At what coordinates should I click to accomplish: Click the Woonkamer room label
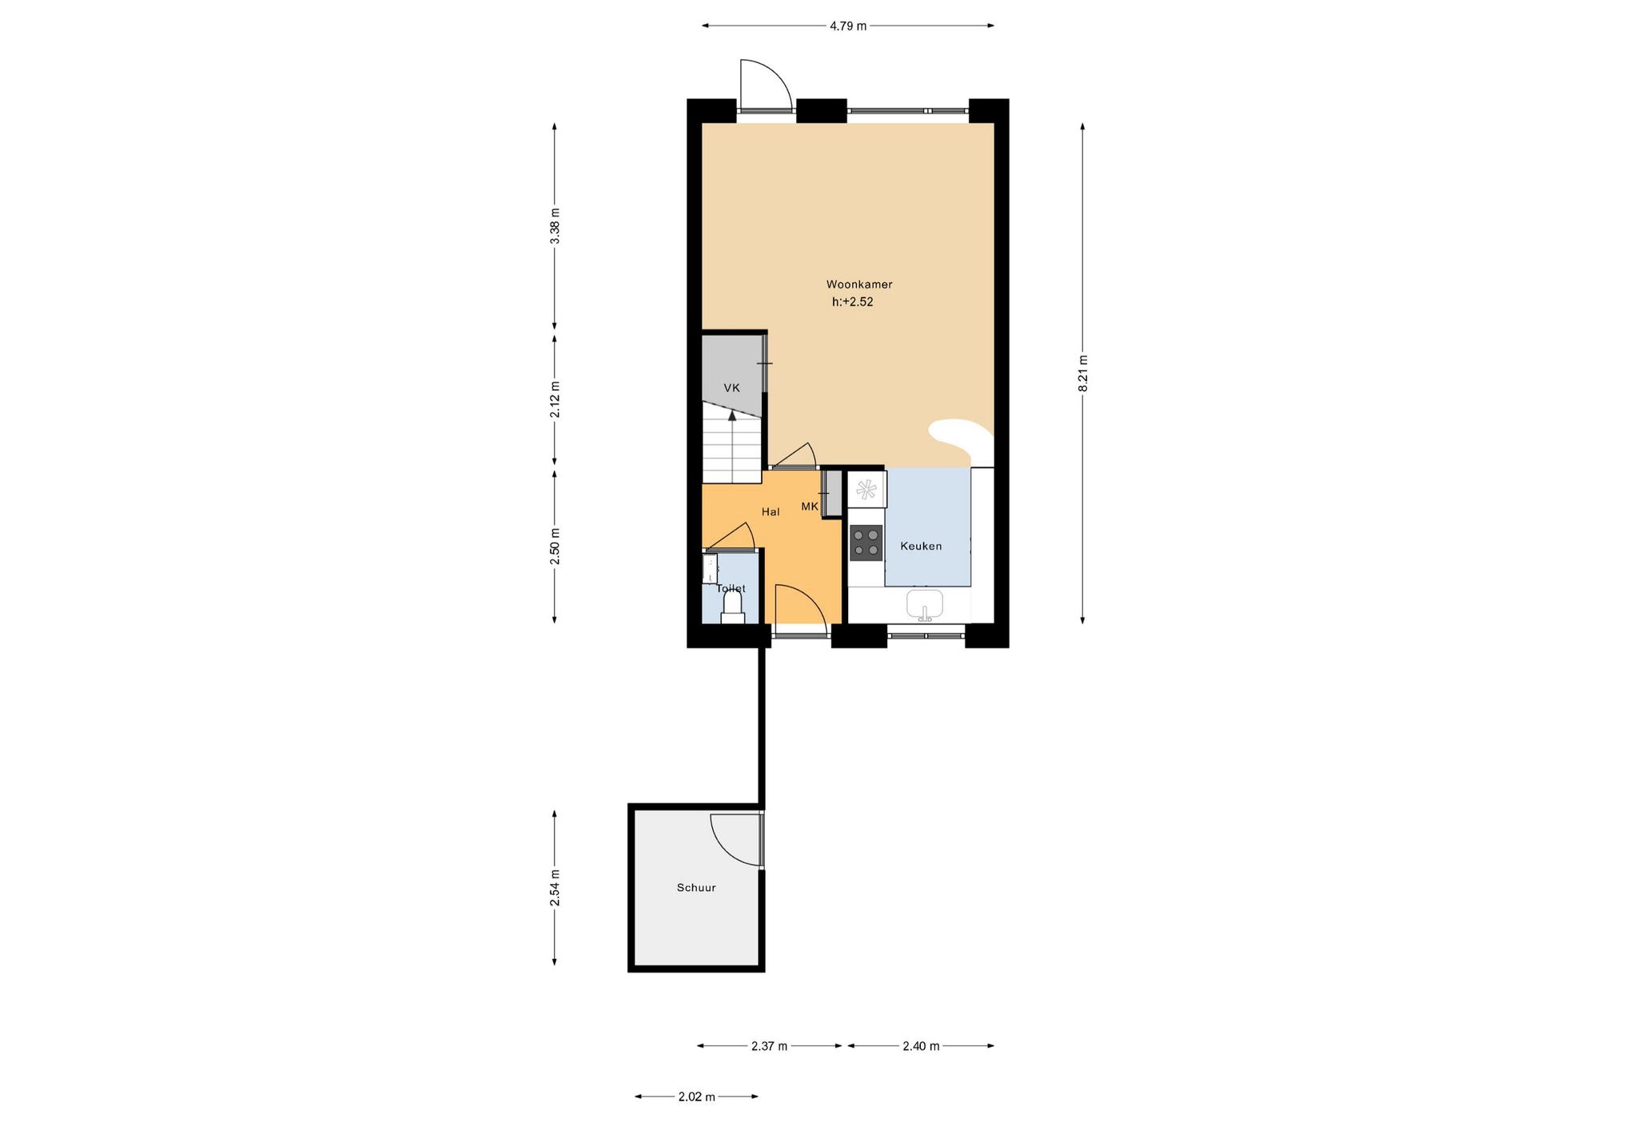pyautogui.click(x=859, y=284)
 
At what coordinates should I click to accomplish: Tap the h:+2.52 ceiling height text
pyautogui.click(x=852, y=302)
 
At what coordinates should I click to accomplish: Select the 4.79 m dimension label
pyautogui.click(x=848, y=26)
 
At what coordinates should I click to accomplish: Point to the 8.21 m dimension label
pyautogui.click(x=1083, y=372)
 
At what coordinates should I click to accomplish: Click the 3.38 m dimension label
pyautogui.click(x=556, y=226)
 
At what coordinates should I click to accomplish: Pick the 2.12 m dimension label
pyautogui.click(x=556, y=400)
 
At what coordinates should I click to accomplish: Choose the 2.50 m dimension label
pyautogui.click(x=556, y=547)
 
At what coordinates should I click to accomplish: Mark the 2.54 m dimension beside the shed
pyautogui.click(x=556, y=887)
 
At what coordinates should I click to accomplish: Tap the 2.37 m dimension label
pyautogui.click(x=770, y=1046)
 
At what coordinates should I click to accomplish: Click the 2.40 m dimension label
pyautogui.click(x=921, y=1046)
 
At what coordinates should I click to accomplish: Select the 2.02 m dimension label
pyautogui.click(x=696, y=1097)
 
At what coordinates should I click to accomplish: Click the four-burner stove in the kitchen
pyautogui.click(x=866, y=541)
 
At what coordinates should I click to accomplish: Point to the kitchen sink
pyautogui.click(x=925, y=605)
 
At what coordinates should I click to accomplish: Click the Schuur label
pyautogui.click(x=696, y=887)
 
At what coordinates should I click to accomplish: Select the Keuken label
pyautogui.click(x=921, y=547)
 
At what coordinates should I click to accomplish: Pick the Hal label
pyautogui.click(x=771, y=512)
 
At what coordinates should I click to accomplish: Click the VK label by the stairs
pyautogui.click(x=731, y=388)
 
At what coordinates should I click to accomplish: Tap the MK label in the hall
pyautogui.click(x=810, y=507)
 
